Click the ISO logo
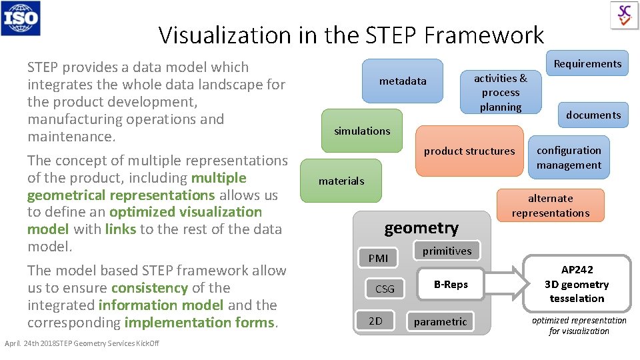click(21, 18)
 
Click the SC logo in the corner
click(624, 15)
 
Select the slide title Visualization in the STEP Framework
click(351, 35)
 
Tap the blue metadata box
click(403, 81)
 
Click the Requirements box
click(587, 63)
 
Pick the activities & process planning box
click(500, 92)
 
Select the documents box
click(593, 115)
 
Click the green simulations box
click(362, 131)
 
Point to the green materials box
click(341, 181)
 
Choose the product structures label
click(469, 151)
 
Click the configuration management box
click(569, 158)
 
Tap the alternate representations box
click(550, 205)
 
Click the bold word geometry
click(421, 228)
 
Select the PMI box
click(377, 258)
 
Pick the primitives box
click(447, 251)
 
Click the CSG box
click(385, 289)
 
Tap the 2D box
click(375, 321)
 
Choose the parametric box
click(440, 321)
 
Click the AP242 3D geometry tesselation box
click(577, 284)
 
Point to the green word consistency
click(149, 288)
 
